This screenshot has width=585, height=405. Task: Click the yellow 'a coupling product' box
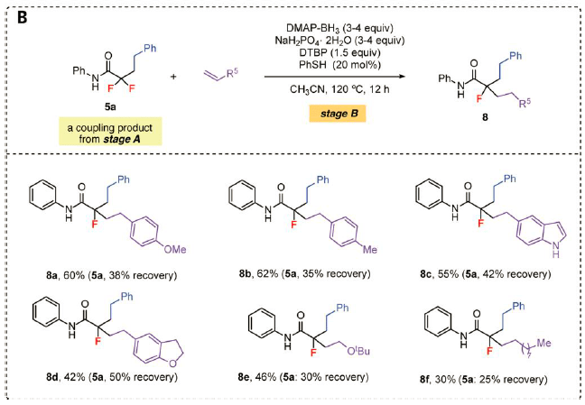click(110, 133)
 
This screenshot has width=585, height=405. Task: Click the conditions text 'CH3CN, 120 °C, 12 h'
click(332, 93)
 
